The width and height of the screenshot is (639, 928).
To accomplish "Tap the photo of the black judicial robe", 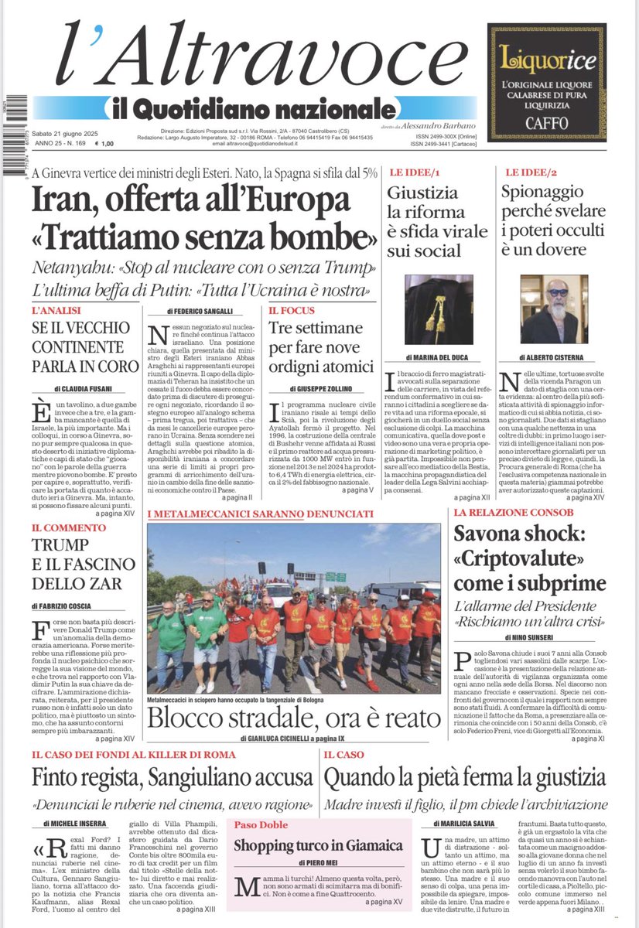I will point(439,309).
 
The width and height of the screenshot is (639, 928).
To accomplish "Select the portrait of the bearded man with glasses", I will point(554,309).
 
